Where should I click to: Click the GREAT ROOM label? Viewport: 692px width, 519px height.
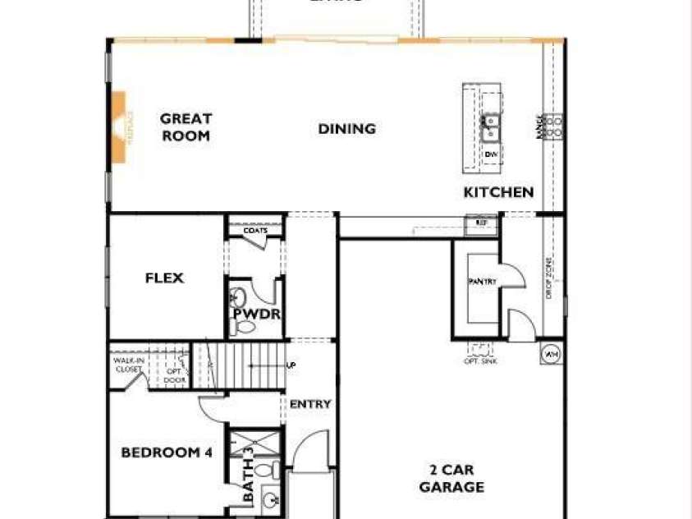[x=185, y=127]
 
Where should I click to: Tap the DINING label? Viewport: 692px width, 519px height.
[x=346, y=129]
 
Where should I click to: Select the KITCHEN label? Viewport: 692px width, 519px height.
[x=498, y=192]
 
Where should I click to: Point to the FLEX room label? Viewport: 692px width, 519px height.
[x=164, y=278]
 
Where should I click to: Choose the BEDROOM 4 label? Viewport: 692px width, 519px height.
[x=161, y=452]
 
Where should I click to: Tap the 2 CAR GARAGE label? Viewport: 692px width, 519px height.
[x=451, y=479]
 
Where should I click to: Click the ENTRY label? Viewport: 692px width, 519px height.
[x=310, y=404]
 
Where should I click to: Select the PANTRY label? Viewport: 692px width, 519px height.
[x=483, y=281]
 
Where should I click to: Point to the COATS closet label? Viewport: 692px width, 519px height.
[x=255, y=231]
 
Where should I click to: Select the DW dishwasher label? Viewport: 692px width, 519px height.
[x=491, y=154]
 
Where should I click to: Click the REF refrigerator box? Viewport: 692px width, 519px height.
[x=481, y=222]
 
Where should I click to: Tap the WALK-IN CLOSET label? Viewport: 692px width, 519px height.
[x=128, y=365]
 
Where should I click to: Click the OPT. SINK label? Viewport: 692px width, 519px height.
[x=481, y=361]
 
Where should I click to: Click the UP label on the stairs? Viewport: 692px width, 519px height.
[x=291, y=365]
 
